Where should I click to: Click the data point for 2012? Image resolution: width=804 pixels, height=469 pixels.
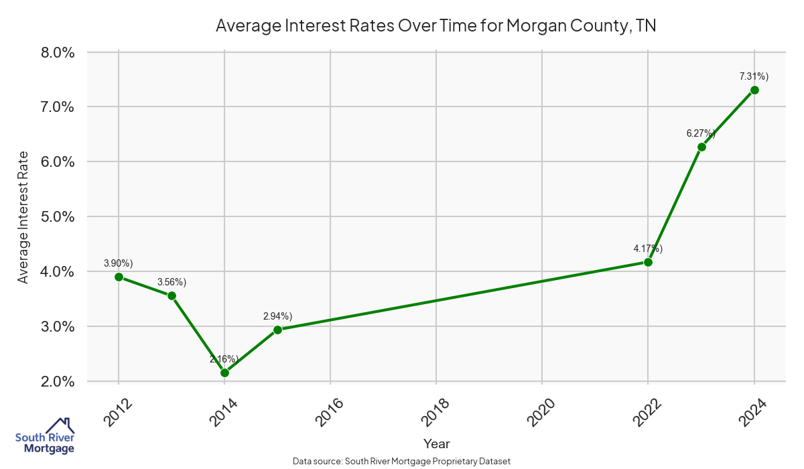pos(119,277)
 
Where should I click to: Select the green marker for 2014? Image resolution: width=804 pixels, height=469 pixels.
pos(224,373)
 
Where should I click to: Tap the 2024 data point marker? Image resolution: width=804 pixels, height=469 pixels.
pos(754,90)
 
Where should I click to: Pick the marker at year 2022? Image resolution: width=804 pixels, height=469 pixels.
pos(648,262)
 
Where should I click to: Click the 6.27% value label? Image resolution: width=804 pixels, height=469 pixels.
pos(701,133)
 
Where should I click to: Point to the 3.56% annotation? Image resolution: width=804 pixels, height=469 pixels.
pos(172,282)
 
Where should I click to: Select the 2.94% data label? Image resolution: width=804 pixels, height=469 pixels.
pos(277,316)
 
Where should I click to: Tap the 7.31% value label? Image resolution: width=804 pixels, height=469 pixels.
pos(754,76)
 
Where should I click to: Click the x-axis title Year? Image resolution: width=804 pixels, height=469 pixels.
pos(437,444)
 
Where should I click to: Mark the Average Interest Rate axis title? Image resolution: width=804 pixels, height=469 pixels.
pos(23,217)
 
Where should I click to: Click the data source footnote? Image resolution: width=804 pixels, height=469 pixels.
pos(402,461)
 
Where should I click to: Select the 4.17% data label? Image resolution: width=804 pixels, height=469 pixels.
pos(648,249)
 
